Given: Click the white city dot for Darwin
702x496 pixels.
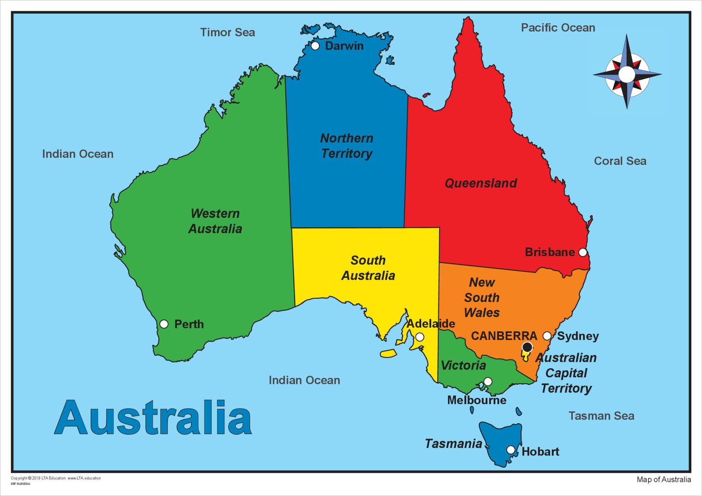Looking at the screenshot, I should click(x=315, y=46).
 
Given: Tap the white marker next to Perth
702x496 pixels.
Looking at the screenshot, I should click(x=164, y=324).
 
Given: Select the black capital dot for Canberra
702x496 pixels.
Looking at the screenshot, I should click(x=527, y=347).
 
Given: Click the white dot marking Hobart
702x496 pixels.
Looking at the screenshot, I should click(x=511, y=450).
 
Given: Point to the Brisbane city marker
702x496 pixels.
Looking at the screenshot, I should click(x=582, y=252).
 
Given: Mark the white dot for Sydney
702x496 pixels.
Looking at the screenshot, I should click(x=547, y=336).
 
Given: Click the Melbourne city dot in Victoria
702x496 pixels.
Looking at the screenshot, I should click(x=488, y=382).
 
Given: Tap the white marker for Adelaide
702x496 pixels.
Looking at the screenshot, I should click(x=420, y=337).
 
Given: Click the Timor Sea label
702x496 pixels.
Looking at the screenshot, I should click(x=227, y=33).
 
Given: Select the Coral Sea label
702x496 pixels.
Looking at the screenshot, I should click(x=620, y=161).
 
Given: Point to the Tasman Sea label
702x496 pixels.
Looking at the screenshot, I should click(x=601, y=416).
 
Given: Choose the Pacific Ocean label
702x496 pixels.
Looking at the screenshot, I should click(x=558, y=28).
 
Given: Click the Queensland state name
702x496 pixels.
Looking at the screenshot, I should click(x=481, y=183).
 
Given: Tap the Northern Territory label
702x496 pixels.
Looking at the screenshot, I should click(x=346, y=146).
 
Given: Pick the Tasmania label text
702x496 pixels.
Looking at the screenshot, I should click(x=453, y=444).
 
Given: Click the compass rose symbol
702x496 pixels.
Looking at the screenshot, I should click(x=627, y=74).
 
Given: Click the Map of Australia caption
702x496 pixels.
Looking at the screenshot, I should click(x=664, y=479).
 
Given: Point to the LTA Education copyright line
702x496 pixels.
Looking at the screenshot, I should click(x=56, y=478).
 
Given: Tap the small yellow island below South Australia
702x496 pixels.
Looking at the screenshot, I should click(x=388, y=353).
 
